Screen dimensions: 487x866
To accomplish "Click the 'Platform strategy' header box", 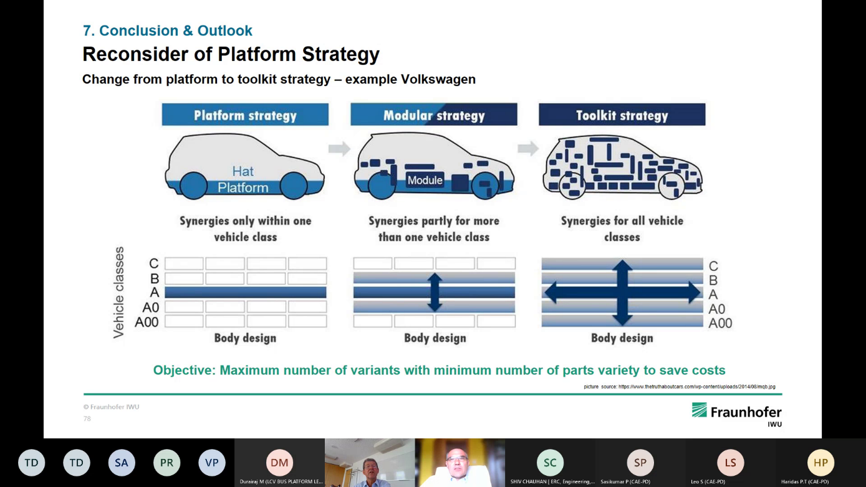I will click(x=245, y=115).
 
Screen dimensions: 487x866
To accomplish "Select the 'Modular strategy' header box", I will click(x=434, y=115).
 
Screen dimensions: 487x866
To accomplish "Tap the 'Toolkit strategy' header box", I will click(x=622, y=115).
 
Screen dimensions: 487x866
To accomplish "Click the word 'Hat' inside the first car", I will click(x=243, y=171).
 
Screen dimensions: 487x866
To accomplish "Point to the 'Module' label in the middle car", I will click(x=425, y=181).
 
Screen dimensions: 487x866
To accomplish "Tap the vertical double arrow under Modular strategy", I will click(x=435, y=292).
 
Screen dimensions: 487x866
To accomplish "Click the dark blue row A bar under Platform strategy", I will click(x=246, y=292).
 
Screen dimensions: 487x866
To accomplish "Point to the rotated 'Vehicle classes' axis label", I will click(x=119, y=292).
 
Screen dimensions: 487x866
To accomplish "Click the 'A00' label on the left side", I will click(x=147, y=322).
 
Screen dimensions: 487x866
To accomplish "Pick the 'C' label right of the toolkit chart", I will click(x=713, y=266).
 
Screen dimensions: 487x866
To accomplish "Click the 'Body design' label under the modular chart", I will click(x=435, y=338).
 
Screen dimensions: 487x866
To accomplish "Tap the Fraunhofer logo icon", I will click(x=699, y=410).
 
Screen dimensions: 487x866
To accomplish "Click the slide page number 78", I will click(x=87, y=418).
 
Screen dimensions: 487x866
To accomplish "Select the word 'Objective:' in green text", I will click(x=185, y=371).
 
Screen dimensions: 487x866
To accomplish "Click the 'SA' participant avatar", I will click(x=122, y=463).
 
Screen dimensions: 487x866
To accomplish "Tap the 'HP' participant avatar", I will click(x=820, y=463).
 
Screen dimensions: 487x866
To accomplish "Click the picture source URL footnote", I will click(x=680, y=387).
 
